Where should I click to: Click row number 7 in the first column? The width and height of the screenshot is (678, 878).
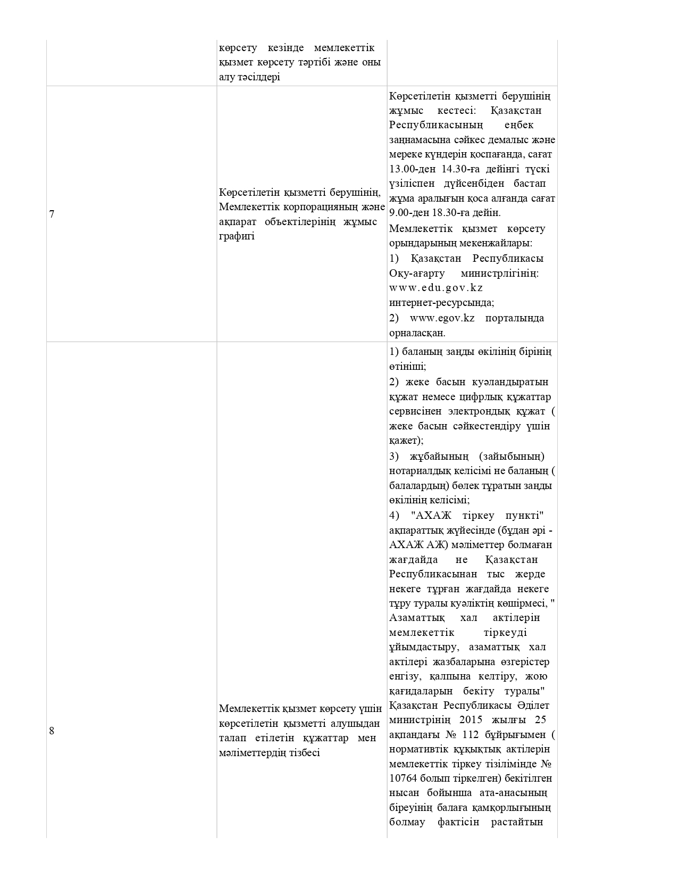click(x=52, y=214)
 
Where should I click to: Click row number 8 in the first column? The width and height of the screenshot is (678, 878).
click(x=52, y=731)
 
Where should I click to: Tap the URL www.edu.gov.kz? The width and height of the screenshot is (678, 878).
click(x=436, y=288)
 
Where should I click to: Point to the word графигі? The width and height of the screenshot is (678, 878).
click(x=237, y=236)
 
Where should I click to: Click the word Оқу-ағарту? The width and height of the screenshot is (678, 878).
click(x=416, y=273)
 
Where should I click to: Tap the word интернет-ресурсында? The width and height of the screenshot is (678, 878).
click(x=441, y=303)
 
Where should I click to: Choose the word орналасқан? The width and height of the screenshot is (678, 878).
click(x=417, y=333)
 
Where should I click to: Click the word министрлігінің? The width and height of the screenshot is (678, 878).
click(x=500, y=273)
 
